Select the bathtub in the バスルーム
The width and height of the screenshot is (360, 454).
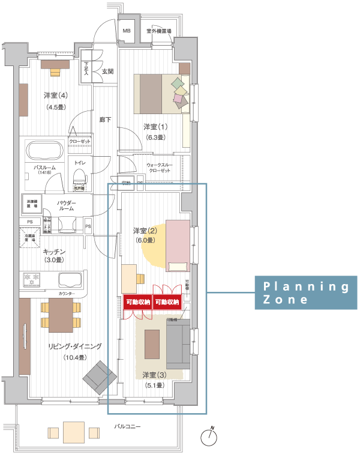tap(43, 151)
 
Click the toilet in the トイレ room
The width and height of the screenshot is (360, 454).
tap(79, 176)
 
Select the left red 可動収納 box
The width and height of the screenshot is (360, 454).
tap(138, 302)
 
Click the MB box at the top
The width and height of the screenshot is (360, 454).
tap(127, 31)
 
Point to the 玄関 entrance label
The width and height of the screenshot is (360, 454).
tap(107, 71)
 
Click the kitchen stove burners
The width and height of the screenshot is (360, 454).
tap(31, 279)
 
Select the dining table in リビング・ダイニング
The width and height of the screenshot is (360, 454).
tap(61, 315)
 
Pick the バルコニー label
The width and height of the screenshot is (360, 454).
tap(127, 426)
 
